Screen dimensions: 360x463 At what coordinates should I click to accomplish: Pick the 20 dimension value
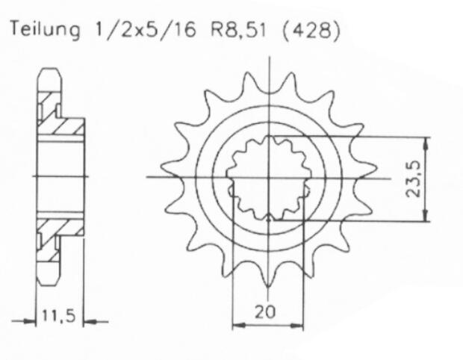(x=267, y=312)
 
